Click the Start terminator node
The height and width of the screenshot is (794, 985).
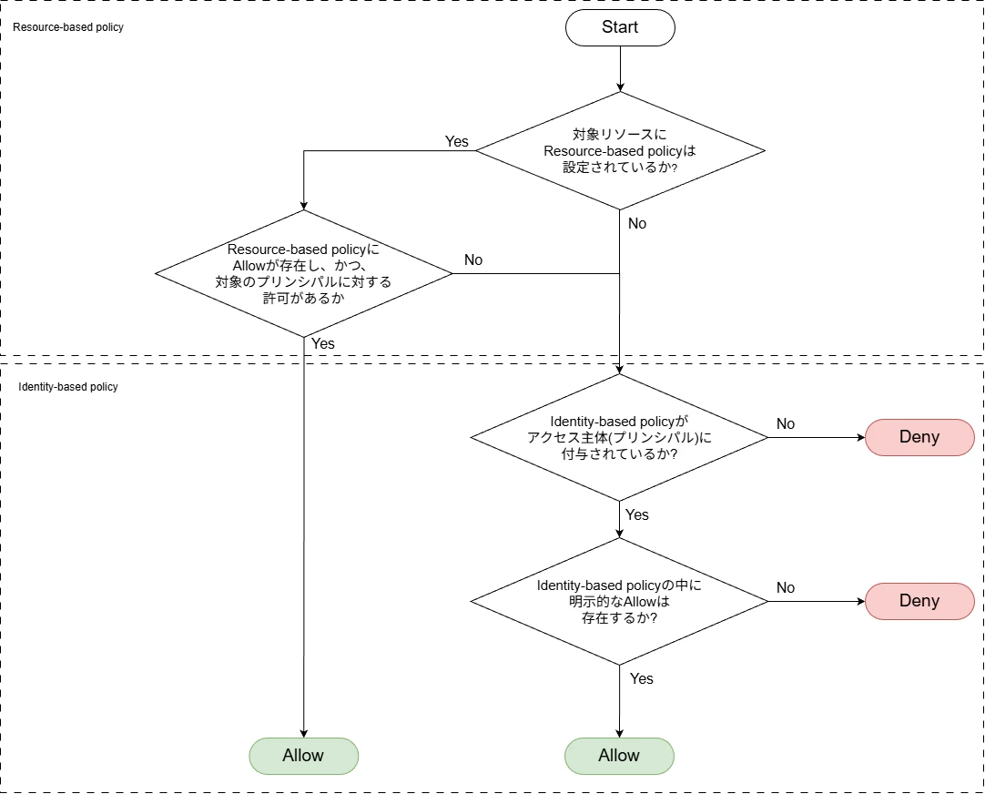tap(620, 27)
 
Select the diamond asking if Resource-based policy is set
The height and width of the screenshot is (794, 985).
tap(620, 150)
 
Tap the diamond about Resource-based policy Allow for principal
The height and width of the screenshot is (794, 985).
tap(303, 273)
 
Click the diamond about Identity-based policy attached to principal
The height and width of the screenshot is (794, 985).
tap(619, 437)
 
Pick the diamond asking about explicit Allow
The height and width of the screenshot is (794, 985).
tap(619, 601)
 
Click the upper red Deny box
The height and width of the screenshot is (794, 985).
tap(919, 437)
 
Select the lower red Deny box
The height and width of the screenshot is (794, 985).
tap(919, 601)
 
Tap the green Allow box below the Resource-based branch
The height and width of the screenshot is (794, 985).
tap(303, 756)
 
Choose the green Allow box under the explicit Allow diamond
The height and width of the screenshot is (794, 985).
tap(619, 756)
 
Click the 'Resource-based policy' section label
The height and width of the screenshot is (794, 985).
tap(68, 27)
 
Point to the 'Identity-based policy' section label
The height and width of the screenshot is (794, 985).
tap(68, 387)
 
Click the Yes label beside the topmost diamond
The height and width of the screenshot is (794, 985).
tap(456, 141)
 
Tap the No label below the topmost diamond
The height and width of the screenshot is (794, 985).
tap(637, 223)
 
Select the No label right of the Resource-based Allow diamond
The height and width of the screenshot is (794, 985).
tap(473, 260)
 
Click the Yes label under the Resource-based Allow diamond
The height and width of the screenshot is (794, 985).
tap(323, 343)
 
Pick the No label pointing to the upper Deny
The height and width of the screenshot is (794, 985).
tap(786, 423)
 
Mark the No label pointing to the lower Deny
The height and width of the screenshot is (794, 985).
tap(786, 587)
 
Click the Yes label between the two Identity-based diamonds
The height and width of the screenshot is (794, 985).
tap(637, 514)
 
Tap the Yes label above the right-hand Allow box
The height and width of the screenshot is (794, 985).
tap(642, 678)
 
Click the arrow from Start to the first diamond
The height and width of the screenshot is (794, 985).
tap(620, 68)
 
